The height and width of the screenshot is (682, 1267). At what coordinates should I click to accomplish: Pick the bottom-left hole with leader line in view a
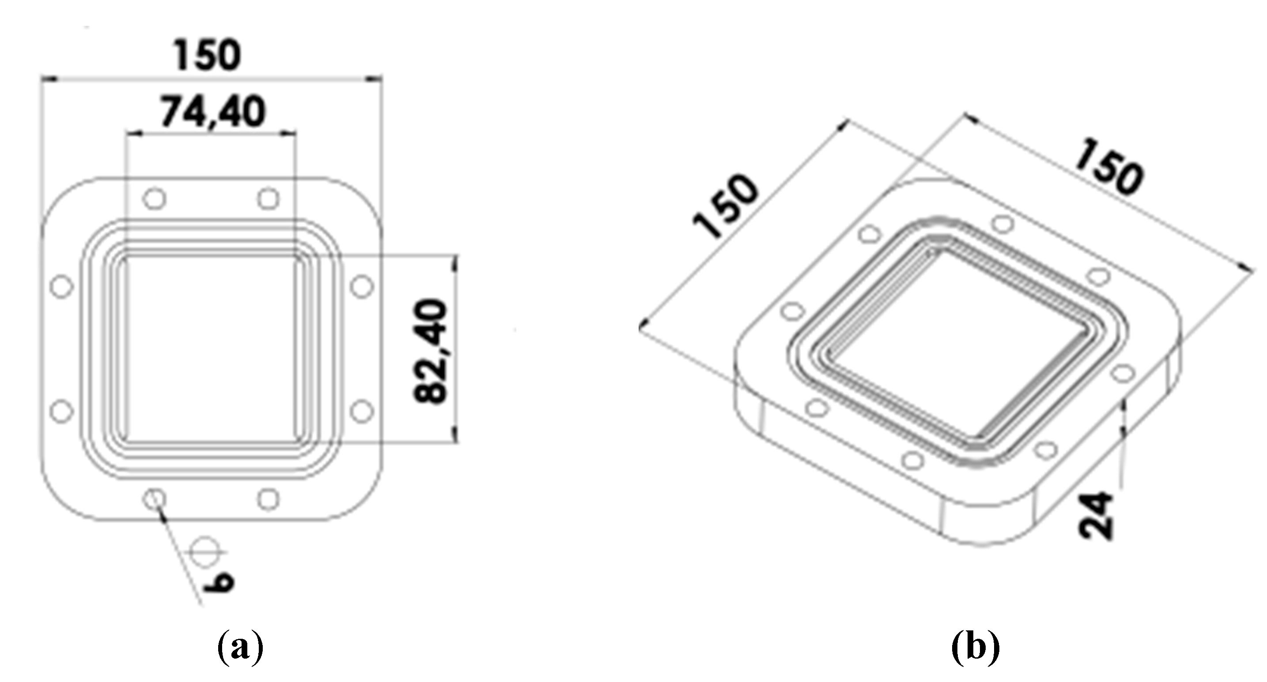(154, 500)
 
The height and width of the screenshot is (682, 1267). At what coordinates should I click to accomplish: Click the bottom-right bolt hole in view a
(269, 500)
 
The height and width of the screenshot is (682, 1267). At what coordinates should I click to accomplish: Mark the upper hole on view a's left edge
(61, 286)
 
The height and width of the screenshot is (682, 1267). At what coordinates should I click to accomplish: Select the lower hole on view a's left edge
(61, 411)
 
